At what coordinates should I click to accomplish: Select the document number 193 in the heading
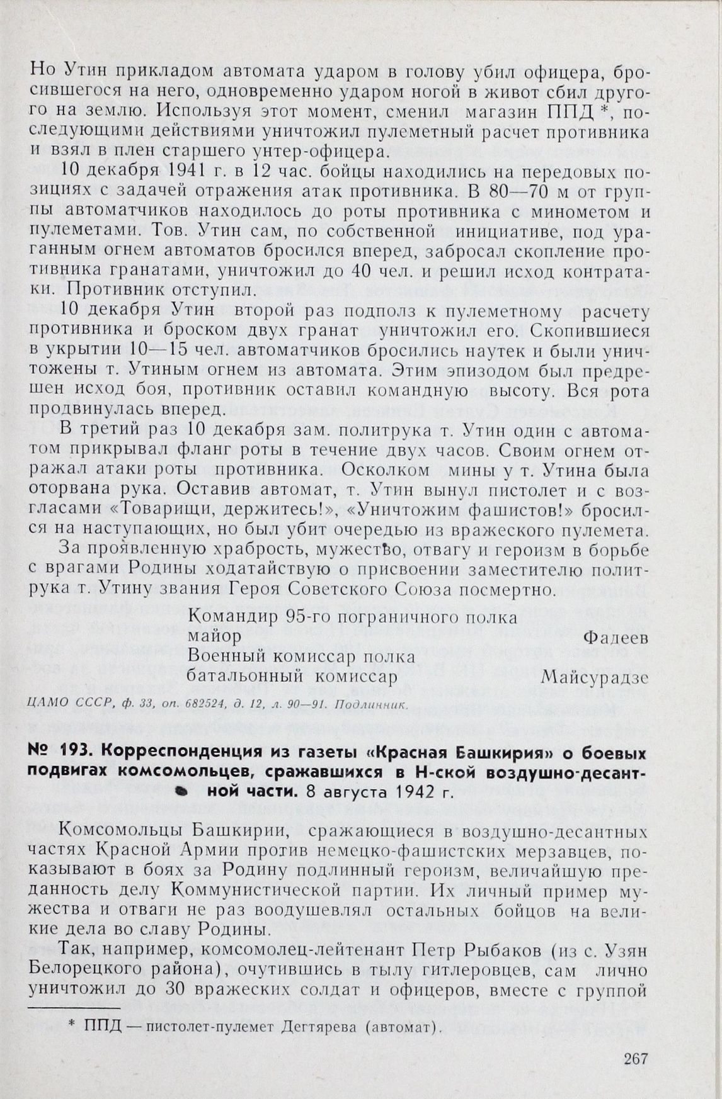(x=76, y=753)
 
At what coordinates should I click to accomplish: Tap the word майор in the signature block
(x=214, y=637)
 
